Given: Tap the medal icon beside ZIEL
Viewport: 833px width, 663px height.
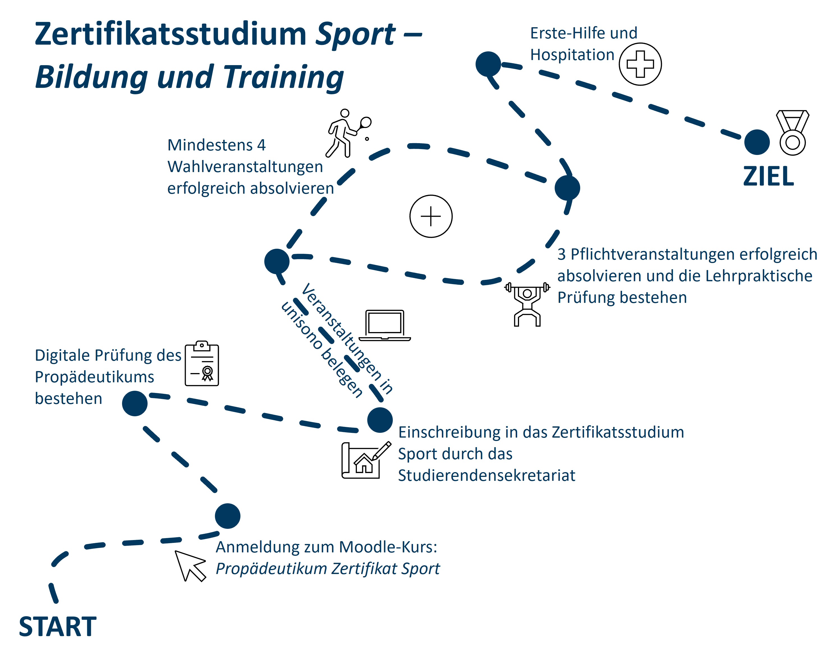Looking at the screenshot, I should click(x=792, y=132).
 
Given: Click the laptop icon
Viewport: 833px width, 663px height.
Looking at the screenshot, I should click(x=385, y=325).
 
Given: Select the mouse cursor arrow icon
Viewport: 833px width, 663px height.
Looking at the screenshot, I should click(x=189, y=566).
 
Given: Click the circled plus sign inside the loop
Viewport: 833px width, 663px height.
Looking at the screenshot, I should click(x=431, y=216).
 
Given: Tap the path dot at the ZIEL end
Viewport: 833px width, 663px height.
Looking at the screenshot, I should click(x=757, y=142).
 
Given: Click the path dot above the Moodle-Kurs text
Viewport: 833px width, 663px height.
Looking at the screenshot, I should click(x=228, y=516).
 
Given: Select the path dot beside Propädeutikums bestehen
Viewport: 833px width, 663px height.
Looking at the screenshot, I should click(x=134, y=403).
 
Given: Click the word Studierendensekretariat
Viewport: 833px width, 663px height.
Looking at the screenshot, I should click(x=487, y=475).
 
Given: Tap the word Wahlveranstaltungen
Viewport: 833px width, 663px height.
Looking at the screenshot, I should click(x=245, y=167).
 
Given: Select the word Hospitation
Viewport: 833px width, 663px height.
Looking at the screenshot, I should click(x=572, y=55).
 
